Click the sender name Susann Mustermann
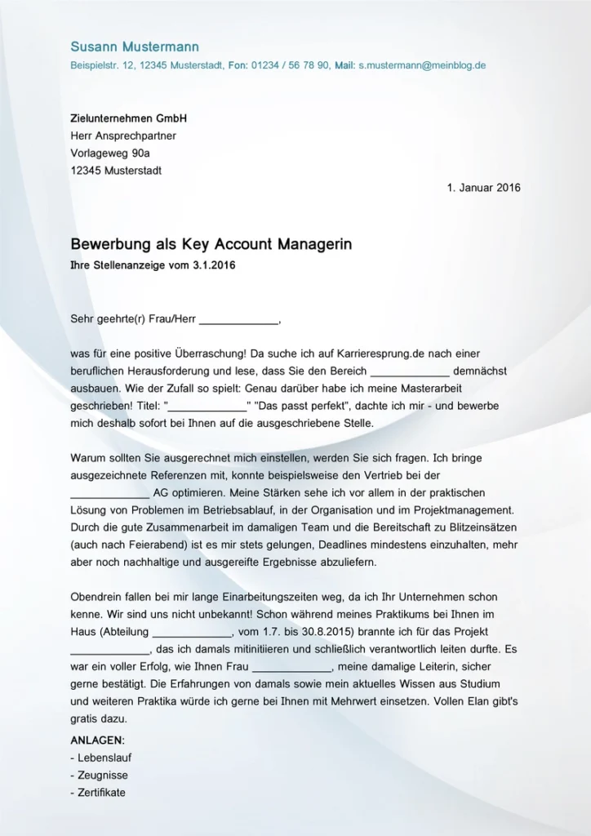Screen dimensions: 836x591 tap(135, 47)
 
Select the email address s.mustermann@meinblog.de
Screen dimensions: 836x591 tap(422, 65)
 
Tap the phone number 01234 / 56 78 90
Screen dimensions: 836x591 tap(291, 65)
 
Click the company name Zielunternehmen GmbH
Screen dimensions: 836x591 tap(129, 118)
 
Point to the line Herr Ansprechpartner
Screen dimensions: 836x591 tap(123, 136)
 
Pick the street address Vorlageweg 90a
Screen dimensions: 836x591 tap(110, 153)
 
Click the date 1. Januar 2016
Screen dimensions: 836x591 tap(483, 188)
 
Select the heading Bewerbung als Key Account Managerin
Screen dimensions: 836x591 tap(211, 244)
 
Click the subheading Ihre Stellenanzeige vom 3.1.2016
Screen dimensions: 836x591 tap(153, 265)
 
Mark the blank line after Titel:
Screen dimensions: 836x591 tap(207, 406)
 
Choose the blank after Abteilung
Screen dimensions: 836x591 tap(193, 632)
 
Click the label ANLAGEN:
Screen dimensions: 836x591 tap(98, 740)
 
